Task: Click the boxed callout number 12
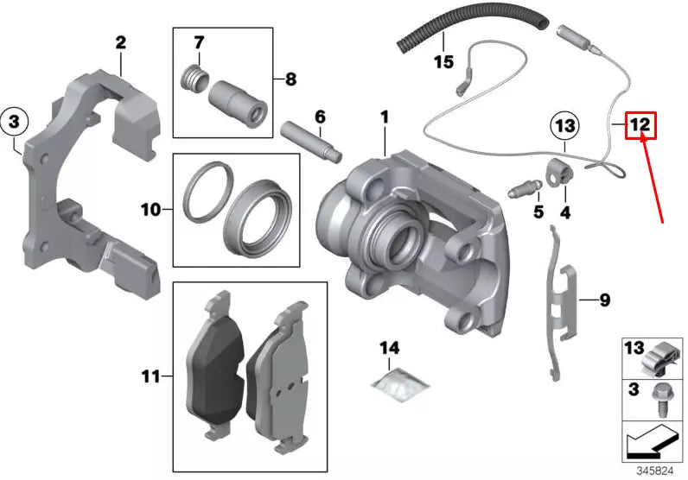pyautogui.click(x=640, y=125)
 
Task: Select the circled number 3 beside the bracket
pyautogui.click(x=15, y=123)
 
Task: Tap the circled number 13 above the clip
pyautogui.click(x=564, y=127)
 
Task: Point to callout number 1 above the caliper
pyautogui.click(x=384, y=117)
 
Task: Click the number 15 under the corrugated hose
pyautogui.click(x=443, y=62)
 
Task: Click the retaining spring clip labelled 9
pyautogui.click(x=561, y=306)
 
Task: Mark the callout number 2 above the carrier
pyautogui.click(x=120, y=41)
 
